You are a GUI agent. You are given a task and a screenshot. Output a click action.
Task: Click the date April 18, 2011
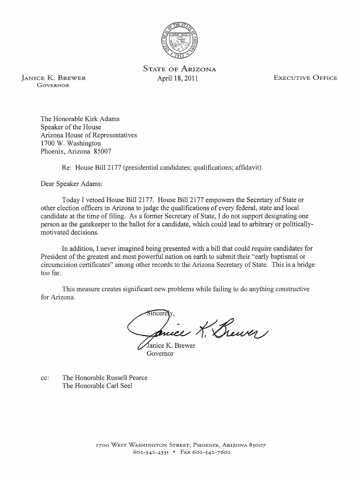(x=178, y=78)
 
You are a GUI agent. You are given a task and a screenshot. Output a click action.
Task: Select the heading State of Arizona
(x=180, y=69)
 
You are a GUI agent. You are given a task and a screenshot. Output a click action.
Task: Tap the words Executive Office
(x=305, y=78)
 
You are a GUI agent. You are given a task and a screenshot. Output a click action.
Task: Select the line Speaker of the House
(x=71, y=127)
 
